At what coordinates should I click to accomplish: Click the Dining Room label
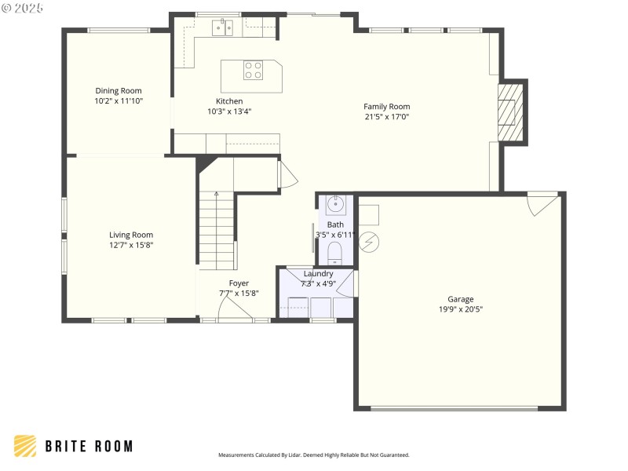[x=119, y=91]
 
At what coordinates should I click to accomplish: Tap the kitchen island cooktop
[x=253, y=70]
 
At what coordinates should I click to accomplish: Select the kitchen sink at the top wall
[x=222, y=28]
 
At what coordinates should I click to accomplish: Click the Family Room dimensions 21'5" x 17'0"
[x=386, y=117]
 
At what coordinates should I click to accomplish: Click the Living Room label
[x=131, y=235]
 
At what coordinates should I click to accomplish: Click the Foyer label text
[x=239, y=283]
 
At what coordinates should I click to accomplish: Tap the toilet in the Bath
[x=335, y=251]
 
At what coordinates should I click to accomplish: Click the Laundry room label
[x=318, y=273]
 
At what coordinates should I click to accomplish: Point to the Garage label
[x=461, y=299]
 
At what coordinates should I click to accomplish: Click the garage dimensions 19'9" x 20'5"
[x=461, y=309]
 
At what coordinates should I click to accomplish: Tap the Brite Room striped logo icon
[x=25, y=446]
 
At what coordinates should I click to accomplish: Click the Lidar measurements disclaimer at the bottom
[x=313, y=455]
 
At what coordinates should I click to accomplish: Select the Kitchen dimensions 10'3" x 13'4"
[x=229, y=111]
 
